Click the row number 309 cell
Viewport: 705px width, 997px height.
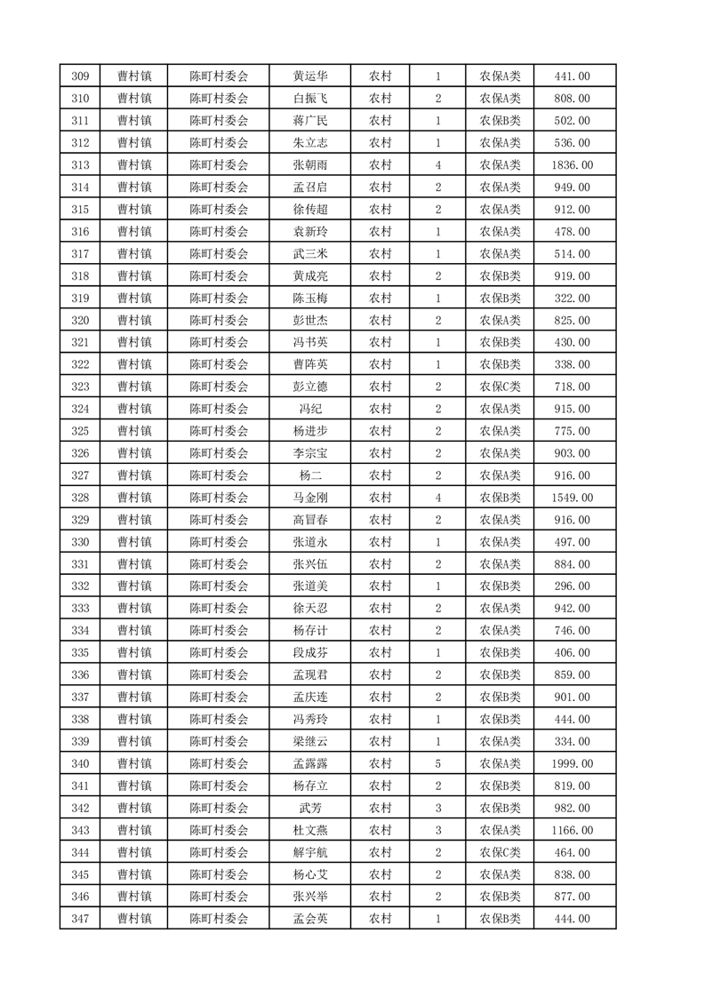[x=80, y=76]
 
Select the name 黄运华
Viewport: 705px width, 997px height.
[x=309, y=76]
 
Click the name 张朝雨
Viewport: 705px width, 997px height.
[x=309, y=165]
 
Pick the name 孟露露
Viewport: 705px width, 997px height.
[x=309, y=763]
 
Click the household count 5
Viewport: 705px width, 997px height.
[x=438, y=763]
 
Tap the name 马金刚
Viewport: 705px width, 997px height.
[x=309, y=498]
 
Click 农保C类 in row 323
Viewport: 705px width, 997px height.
[x=500, y=387]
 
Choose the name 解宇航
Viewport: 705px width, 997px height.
[x=309, y=852]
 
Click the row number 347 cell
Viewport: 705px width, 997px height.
[x=80, y=919]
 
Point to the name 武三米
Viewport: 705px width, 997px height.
[x=309, y=254]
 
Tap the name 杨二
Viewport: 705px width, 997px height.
[x=309, y=475]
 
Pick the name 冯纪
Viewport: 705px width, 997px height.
[x=309, y=409]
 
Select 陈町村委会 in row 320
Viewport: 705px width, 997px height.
[x=219, y=321]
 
